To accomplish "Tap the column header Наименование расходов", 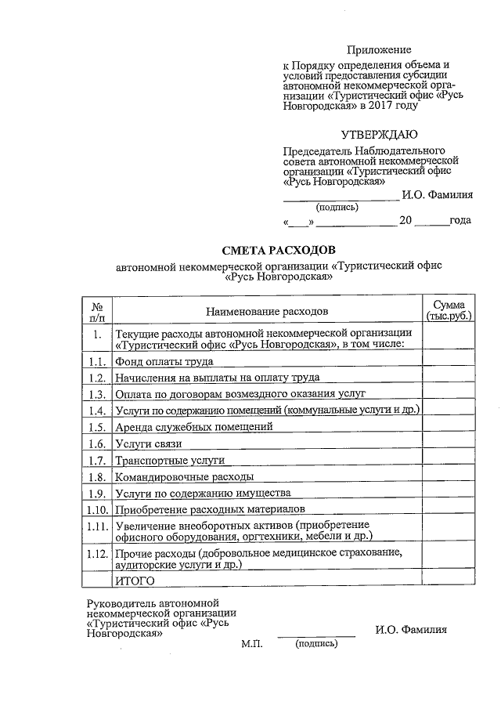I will (267, 312).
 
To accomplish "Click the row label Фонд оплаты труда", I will (164, 362).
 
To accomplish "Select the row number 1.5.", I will (96, 428).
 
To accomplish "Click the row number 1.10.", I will (96, 510).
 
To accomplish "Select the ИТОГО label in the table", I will (135, 581).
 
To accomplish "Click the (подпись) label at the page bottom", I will (315, 644).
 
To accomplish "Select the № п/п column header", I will (96, 312).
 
